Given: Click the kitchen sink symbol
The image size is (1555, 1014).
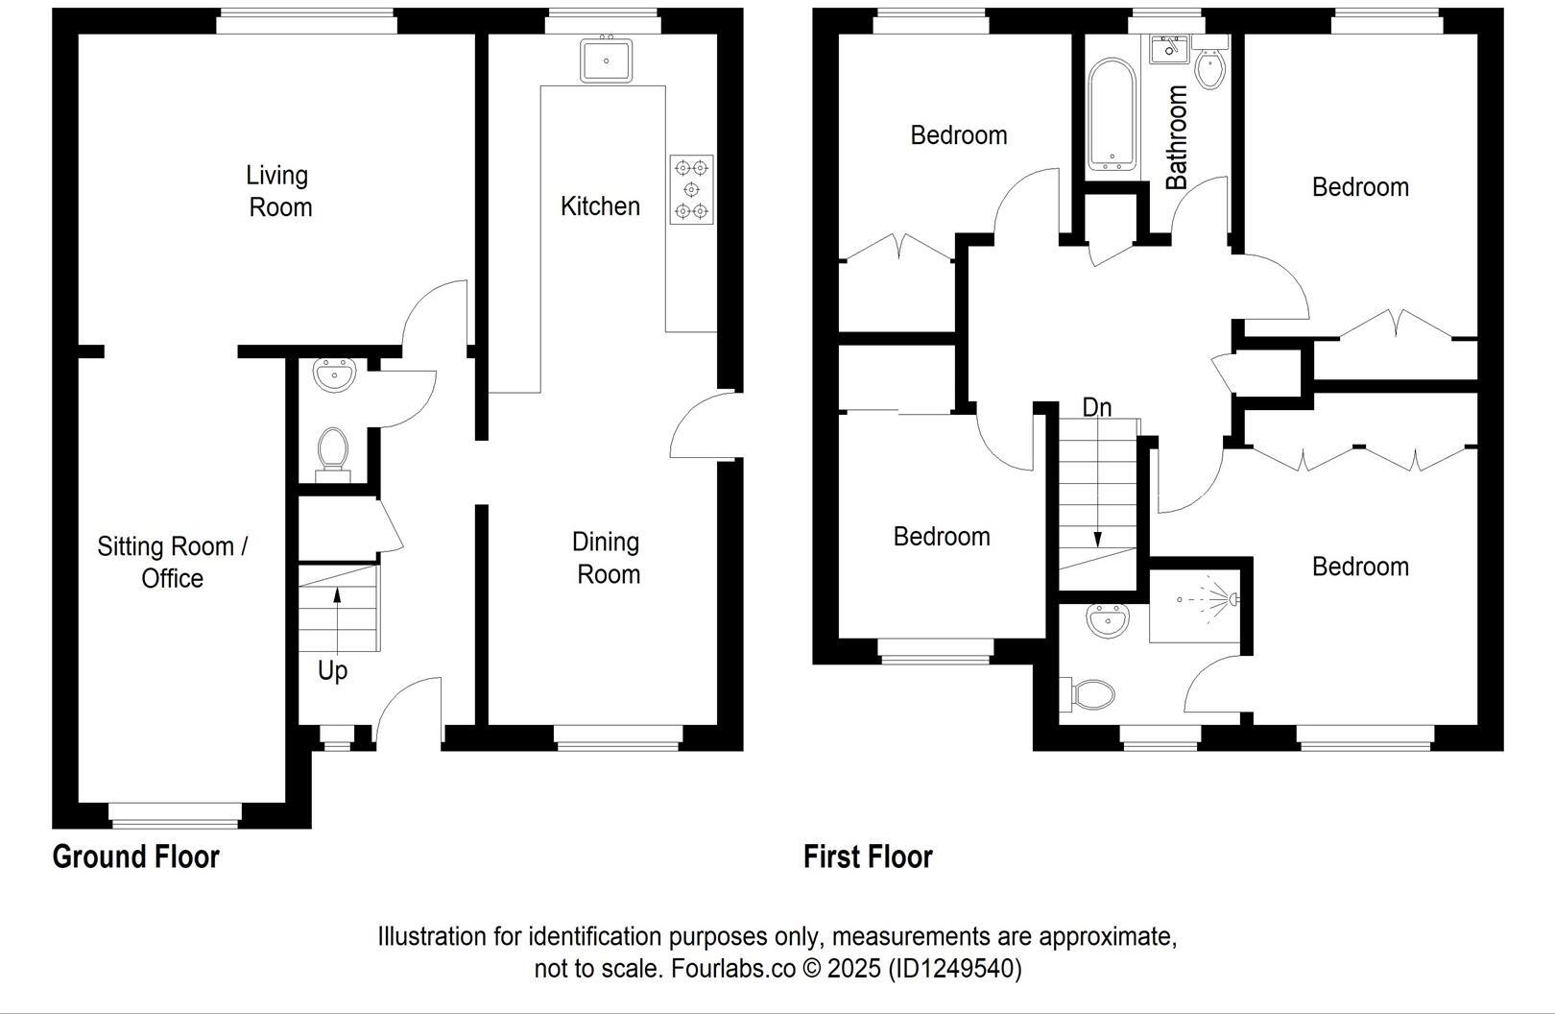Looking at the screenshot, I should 607,60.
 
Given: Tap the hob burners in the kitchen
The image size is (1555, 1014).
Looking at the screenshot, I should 691,189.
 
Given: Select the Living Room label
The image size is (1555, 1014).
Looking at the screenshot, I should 279,191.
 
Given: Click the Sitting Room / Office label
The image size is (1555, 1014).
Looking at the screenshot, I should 172,562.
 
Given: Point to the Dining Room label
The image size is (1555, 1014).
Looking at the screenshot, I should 607,558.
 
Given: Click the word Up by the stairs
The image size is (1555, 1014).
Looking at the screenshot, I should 332,670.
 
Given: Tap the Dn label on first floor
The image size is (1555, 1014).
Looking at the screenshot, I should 1096,407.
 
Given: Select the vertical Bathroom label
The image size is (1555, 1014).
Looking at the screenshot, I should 1177,136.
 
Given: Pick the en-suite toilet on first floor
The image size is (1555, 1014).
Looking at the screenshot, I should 1088,694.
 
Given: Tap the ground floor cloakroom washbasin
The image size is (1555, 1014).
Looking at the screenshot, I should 334,374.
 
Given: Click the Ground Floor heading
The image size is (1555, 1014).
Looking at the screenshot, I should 135,857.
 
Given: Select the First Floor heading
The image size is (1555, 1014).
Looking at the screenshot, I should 868,857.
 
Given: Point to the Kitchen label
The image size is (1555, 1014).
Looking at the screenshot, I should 600,205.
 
